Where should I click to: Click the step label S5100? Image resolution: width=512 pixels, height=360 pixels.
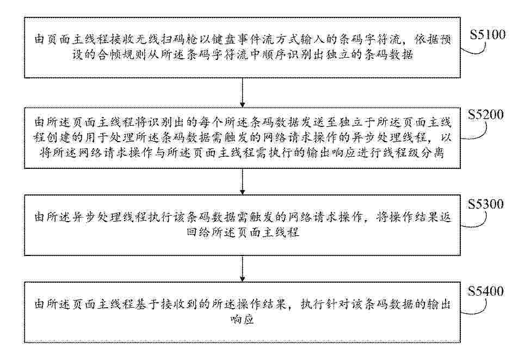[488, 34]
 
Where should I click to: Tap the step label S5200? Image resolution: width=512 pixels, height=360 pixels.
[485, 114]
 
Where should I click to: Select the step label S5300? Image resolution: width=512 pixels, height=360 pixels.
[485, 204]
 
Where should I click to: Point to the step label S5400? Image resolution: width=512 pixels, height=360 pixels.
[485, 291]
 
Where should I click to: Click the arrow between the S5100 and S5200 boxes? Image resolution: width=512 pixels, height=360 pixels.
[242, 93]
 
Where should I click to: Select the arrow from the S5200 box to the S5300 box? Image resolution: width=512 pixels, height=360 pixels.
[242, 181]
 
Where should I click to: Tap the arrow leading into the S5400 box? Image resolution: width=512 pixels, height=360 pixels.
[242, 269]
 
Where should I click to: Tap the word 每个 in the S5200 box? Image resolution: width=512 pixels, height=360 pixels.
[211, 123]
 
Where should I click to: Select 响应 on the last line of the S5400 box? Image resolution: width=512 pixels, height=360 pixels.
[242, 320]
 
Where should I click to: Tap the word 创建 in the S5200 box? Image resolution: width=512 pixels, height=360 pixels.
[59, 138]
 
